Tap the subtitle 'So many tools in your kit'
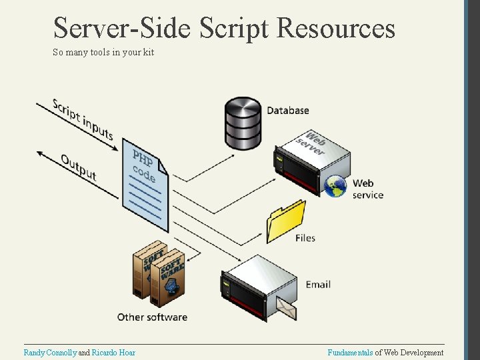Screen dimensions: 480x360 point(103,52)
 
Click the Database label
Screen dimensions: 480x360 point(287,111)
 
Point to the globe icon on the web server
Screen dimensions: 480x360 point(335,187)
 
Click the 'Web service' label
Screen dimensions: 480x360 point(368,189)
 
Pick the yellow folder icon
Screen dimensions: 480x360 point(285,221)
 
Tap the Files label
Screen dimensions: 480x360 point(305,238)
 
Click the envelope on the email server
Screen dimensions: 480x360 point(287,307)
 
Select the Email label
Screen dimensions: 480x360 point(318,285)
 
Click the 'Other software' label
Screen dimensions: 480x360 point(152,317)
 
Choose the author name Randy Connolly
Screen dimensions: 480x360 point(50,353)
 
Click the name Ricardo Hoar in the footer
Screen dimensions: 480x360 point(113,353)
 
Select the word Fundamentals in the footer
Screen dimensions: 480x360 point(350,353)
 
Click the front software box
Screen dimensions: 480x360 point(167,279)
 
